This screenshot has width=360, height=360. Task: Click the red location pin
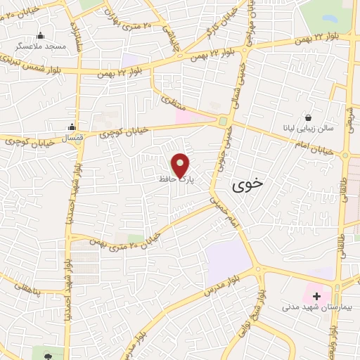click(x=181, y=165)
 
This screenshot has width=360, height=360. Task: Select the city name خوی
click(x=248, y=182)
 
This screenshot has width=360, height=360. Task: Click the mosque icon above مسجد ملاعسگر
click(x=40, y=36)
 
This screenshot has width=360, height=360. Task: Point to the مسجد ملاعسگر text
click(x=40, y=46)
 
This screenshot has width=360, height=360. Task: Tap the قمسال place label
click(x=72, y=138)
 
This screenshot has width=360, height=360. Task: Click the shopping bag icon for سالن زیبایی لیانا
click(x=308, y=117)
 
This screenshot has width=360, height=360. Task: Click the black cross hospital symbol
click(x=316, y=297)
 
